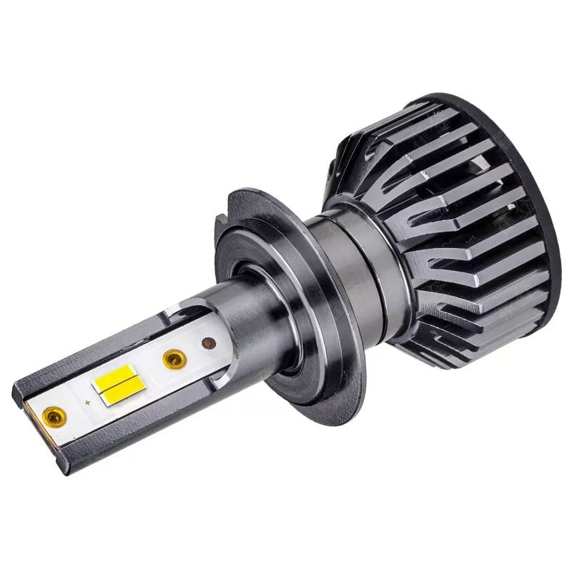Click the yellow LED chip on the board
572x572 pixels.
click(118, 381)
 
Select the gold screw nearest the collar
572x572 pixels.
click(174, 358)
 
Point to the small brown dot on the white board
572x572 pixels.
click(209, 343)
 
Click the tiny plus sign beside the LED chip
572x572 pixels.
click(87, 403)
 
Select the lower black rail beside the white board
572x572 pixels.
click(143, 422)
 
